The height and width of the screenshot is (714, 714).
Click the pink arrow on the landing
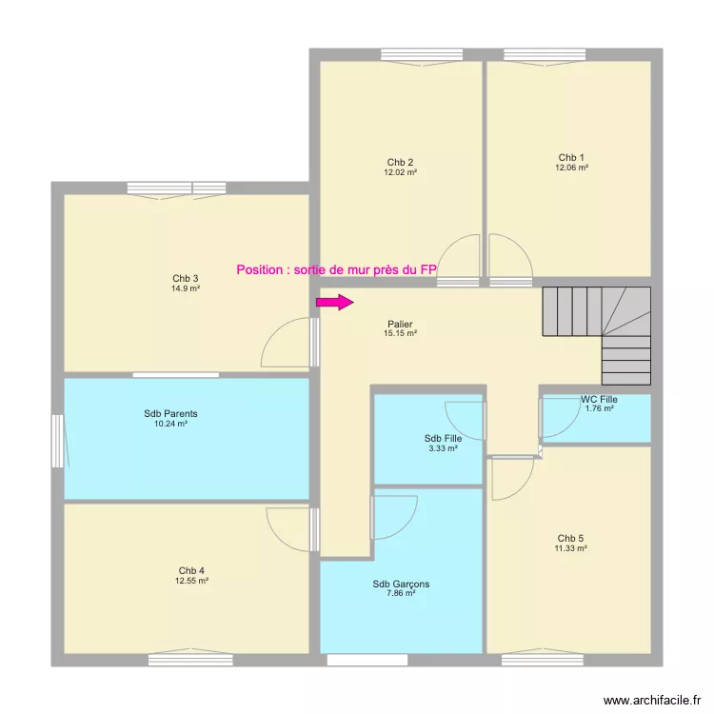pos(334,303)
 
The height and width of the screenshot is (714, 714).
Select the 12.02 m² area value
pos(401,172)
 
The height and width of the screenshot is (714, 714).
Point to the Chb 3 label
pos(187,278)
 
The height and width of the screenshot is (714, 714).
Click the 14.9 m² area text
pos(187,288)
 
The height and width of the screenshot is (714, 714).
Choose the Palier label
pos(401,324)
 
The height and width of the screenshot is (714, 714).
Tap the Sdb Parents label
pos(170,414)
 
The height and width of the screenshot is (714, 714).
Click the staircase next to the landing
pos(596,328)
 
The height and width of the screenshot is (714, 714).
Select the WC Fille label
pos(600,399)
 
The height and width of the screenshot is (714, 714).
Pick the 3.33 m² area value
pos(444,448)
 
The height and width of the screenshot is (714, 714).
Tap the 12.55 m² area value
pos(191,581)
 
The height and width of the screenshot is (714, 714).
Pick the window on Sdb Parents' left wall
pos(58,441)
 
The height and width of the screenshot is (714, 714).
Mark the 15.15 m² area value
pos(401,334)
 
